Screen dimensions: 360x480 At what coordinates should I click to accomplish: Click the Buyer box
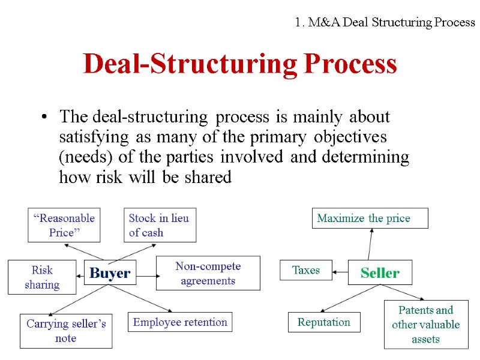110,274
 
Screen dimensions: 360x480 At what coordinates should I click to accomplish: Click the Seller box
380,274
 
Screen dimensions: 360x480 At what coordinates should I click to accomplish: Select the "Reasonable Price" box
64,225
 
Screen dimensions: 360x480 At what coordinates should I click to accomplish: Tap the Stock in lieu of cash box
160,225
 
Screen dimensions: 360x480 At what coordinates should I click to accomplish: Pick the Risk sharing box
42,277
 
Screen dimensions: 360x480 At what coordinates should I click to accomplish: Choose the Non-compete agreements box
208,273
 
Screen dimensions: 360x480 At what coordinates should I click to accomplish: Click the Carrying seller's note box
66,331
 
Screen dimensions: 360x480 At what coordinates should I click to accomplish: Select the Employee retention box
180,322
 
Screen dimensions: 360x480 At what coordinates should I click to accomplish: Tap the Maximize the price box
371,218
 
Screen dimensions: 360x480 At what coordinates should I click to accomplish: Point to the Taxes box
306,270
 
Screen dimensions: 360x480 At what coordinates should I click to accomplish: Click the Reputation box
324,322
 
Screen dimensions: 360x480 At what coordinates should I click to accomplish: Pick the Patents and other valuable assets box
426,325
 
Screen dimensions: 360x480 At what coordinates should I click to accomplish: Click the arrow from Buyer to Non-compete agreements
146,276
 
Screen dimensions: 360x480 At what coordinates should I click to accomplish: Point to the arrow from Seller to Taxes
341,272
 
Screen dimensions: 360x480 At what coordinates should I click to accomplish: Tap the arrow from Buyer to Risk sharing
80,275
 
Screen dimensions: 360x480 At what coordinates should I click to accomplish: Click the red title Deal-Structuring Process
240,64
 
